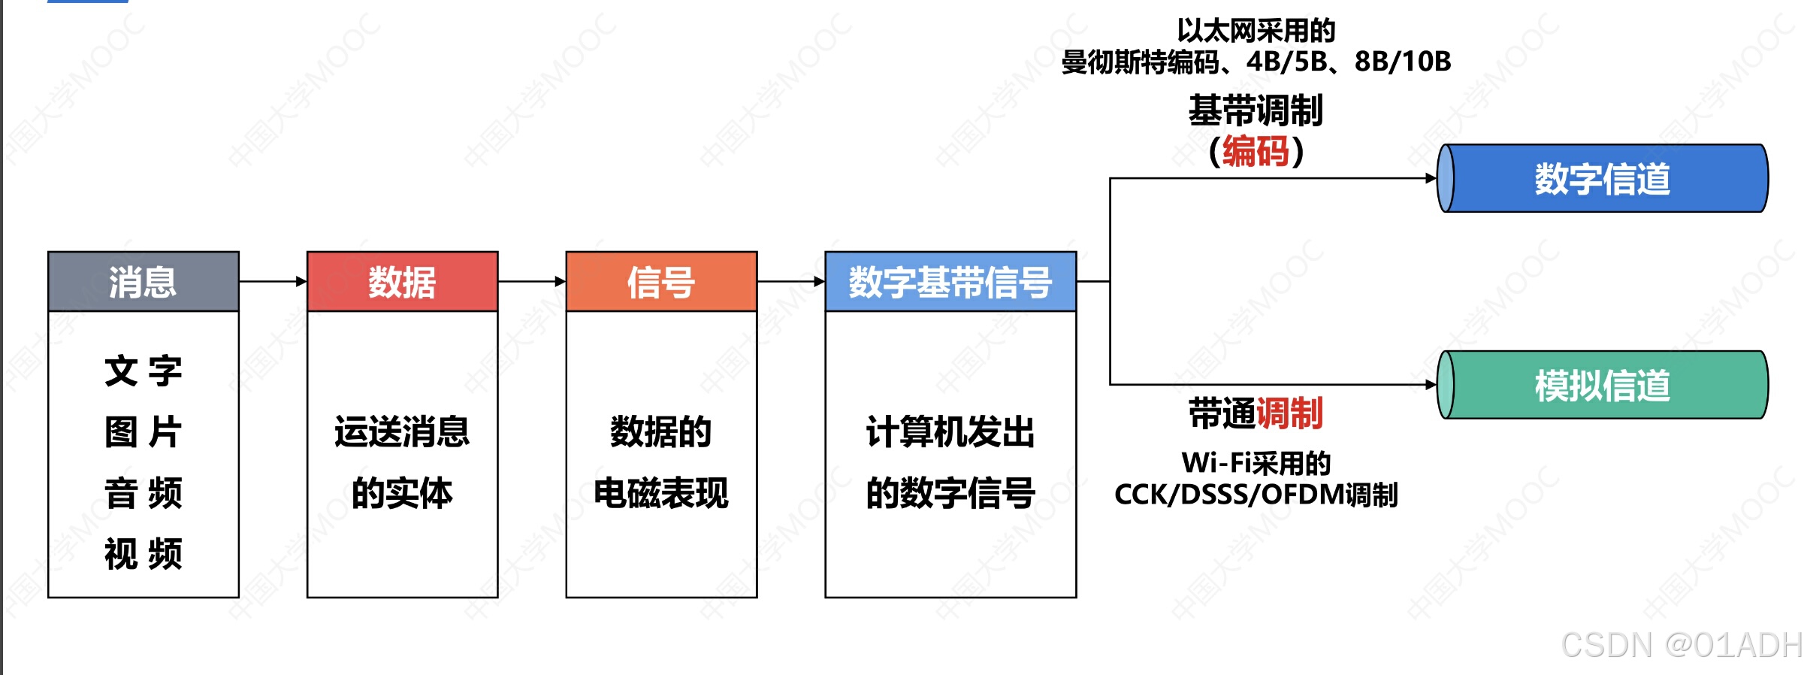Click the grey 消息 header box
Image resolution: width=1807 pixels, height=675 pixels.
pyautogui.click(x=143, y=282)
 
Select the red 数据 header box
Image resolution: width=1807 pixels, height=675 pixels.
pyautogui.click(x=402, y=282)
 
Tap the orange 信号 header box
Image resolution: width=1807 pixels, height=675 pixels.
pyautogui.click(x=661, y=282)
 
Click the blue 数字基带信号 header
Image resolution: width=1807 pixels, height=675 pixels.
pyautogui.click(x=950, y=282)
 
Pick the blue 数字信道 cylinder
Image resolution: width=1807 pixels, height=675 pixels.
pyautogui.click(x=1602, y=179)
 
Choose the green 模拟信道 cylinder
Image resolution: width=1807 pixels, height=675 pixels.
pyautogui.click(x=1602, y=385)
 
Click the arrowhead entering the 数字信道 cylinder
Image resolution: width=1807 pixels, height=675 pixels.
pyautogui.click(x=1431, y=179)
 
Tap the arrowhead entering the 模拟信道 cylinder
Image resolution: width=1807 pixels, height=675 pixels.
pyautogui.click(x=1431, y=385)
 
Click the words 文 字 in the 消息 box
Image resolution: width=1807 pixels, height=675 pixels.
pyautogui.click(x=143, y=371)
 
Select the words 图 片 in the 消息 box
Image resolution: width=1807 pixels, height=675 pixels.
pyautogui.click(x=143, y=432)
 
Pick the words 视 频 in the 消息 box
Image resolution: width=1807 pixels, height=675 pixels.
pyautogui.click(x=143, y=554)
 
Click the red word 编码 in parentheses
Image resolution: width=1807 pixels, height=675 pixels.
pyautogui.click(x=1256, y=152)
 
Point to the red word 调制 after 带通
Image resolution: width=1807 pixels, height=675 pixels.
pyautogui.click(x=1289, y=413)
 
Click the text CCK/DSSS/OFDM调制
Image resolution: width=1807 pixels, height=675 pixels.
pyautogui.click(x=1256, y=495)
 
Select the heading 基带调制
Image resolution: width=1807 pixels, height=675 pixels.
pyautogui.click(x=1256, y=111)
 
